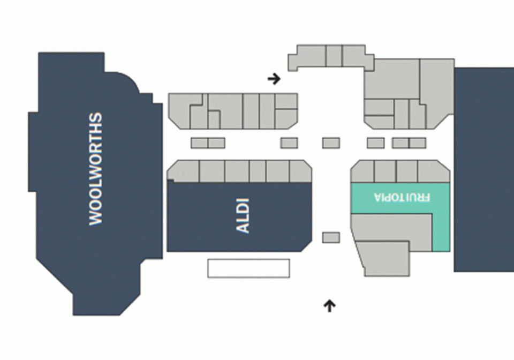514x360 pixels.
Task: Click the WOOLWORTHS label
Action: [x=96, y=169]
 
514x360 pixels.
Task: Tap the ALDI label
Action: [x=243, y=216]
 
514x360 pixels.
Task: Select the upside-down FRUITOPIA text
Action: [x=402, y=197]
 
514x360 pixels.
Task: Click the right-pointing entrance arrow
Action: [x=274, y=79]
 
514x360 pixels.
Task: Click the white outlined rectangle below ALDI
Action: [x=248, y=268]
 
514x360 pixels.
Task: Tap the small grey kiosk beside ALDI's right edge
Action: [x=331, y=237]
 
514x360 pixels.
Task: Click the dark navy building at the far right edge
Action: [x=484, y=169]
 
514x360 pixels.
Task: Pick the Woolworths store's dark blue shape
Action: [x=96, y=184]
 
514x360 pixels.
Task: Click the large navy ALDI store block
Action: [x=239, y=217]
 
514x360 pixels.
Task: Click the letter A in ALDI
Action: [x=243, y=228]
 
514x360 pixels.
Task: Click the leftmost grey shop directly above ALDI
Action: [x=184, y=170]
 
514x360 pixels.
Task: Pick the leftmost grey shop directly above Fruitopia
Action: [x=362, y=171]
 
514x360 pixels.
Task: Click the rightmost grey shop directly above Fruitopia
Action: [x=433, y=171]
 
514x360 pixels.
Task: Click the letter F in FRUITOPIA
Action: [x=427, y=197]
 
